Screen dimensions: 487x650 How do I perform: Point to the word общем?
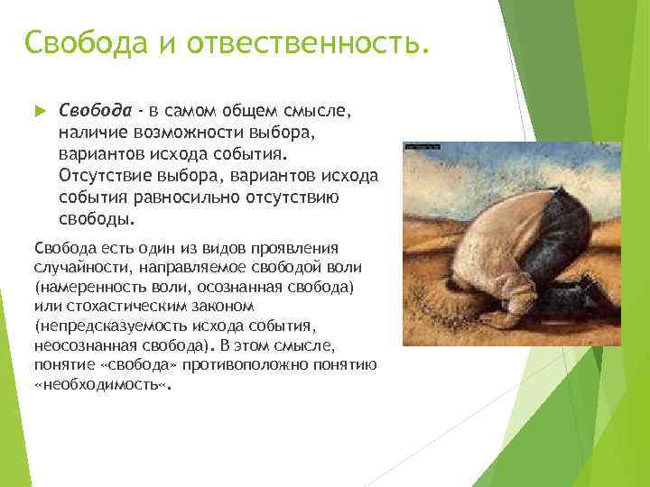[254, 110]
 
